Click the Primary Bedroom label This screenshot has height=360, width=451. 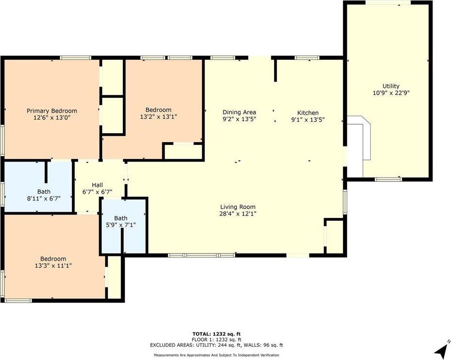(x=52, y=111)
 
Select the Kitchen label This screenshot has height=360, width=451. (x=308, y=112)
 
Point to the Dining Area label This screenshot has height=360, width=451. (x=239, y=112)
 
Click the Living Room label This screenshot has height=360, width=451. (x=238, y=207)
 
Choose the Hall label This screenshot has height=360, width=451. (x=97, y=185)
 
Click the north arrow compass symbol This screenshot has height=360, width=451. (x=442, y=349)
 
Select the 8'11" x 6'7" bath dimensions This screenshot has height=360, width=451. (x=44, y=198)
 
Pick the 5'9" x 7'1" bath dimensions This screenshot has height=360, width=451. (x=121, y=225)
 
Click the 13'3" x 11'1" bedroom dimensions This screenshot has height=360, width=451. (x=53, y=266)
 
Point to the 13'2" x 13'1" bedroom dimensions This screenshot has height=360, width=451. (x=158, y=117)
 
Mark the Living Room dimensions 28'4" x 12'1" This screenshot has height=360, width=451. (x=238, y=214)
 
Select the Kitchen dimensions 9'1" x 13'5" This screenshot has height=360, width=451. (x=308, y=119)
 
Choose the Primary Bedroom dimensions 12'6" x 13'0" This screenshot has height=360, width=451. (x=52, y=118)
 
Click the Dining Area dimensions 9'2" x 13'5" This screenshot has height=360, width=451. (x=239, y=119)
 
